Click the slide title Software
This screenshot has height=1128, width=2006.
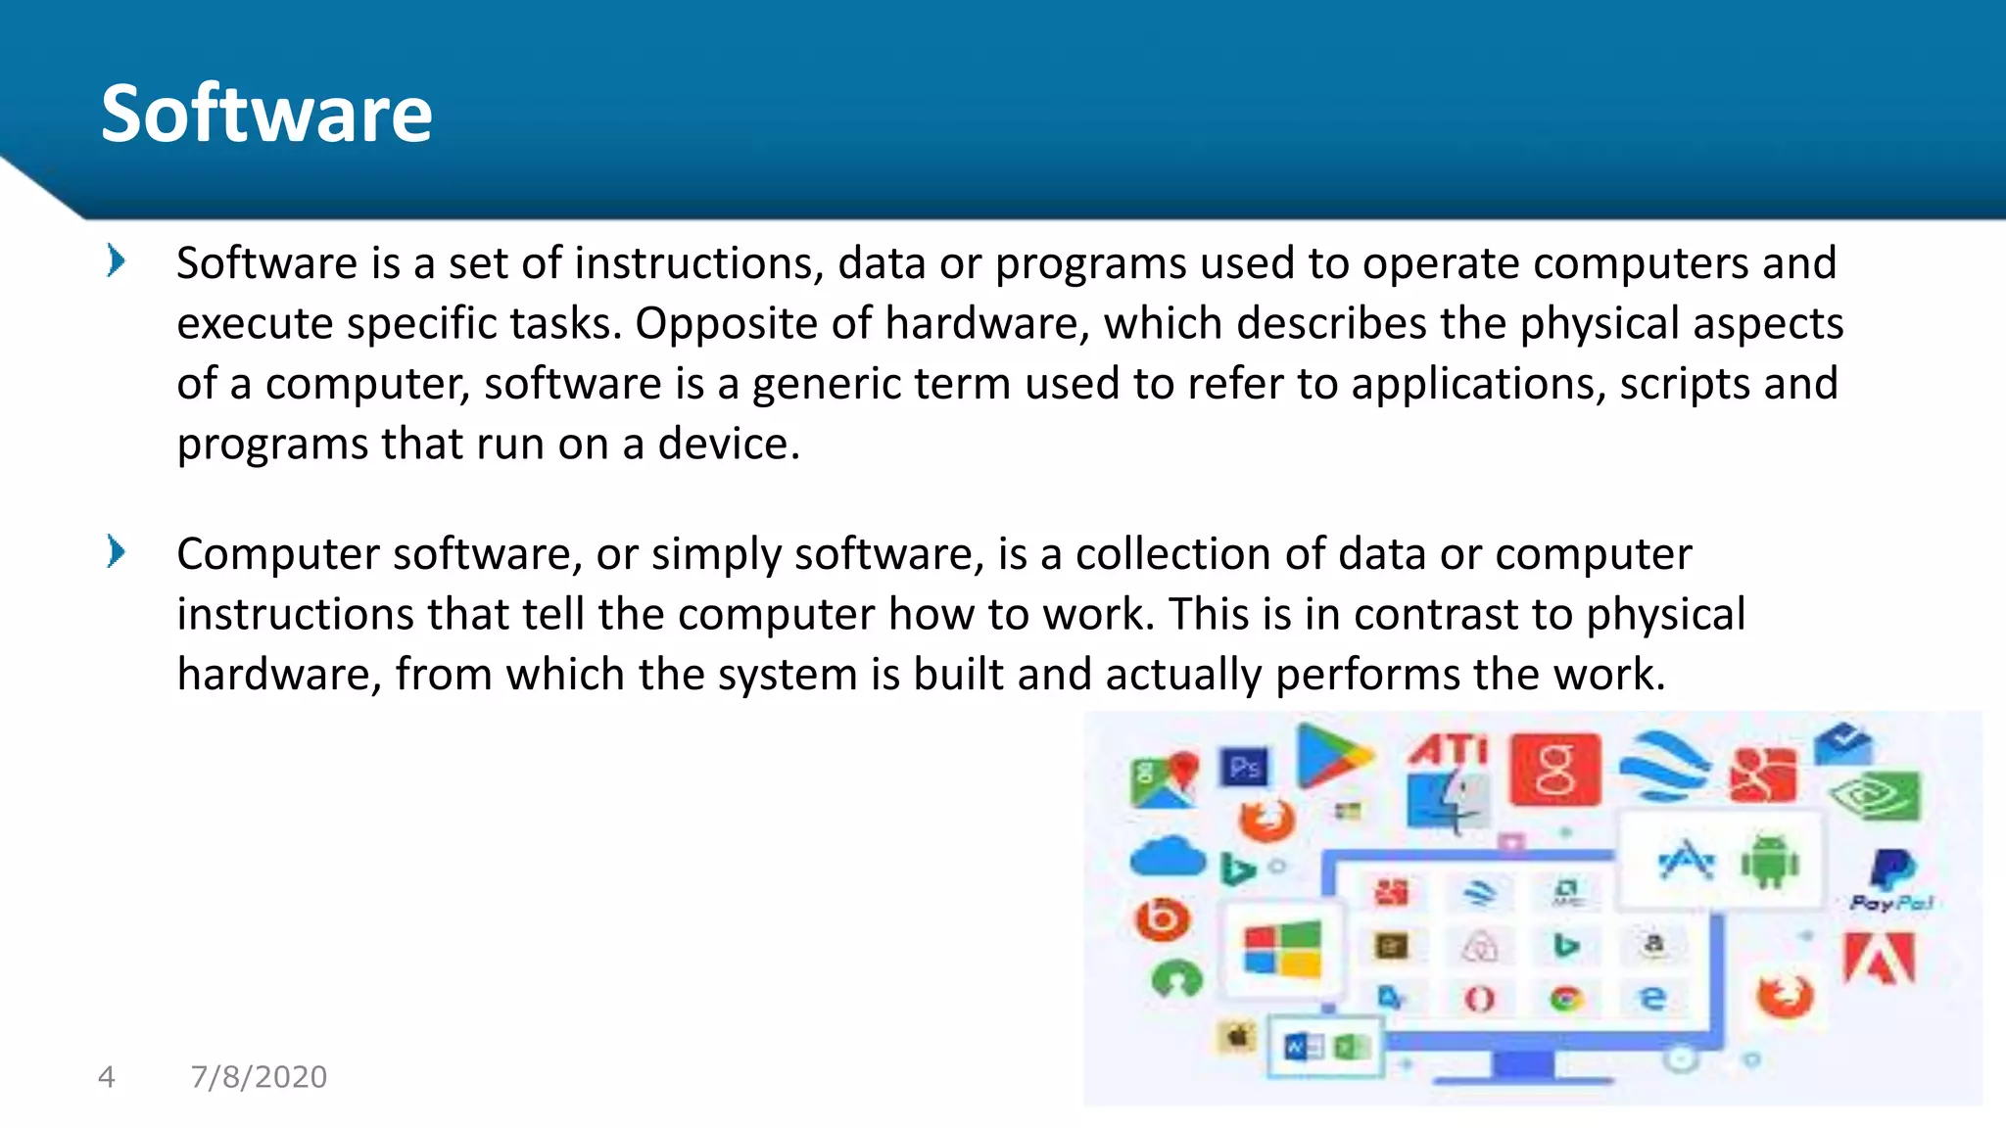266,114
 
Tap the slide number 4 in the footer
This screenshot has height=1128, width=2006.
107,1077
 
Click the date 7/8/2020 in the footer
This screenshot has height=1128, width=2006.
259,1077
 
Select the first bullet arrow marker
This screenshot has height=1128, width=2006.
116,261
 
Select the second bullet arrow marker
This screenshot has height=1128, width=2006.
116,552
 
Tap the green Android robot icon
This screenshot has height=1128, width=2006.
1770,862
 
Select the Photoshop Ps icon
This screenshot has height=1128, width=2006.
1245,768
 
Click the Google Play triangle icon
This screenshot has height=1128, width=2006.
1330,756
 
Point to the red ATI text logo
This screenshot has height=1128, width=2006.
1448,750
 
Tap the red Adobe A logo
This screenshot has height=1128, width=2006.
1879,958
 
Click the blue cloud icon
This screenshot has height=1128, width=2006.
1168,858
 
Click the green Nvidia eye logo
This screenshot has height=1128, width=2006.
1875,797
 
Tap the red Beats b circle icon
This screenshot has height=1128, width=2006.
1163,918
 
